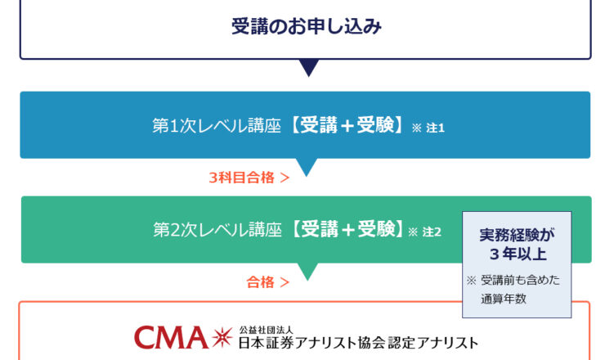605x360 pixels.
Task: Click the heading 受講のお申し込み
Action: (306, 27)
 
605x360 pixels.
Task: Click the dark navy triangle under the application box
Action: (308, 68)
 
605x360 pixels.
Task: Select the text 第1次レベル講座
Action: (217, 126)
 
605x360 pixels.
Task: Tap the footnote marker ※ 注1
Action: (428, 128)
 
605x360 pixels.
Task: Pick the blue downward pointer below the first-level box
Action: (306, 167)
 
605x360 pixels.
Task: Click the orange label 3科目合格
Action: (242, 177)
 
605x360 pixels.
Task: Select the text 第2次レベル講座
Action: (217, 230)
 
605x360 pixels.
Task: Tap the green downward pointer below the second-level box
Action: (306, 272)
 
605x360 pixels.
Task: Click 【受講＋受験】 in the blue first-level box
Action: (347, 126)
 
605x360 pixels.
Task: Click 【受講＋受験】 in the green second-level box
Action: (347, 230)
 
